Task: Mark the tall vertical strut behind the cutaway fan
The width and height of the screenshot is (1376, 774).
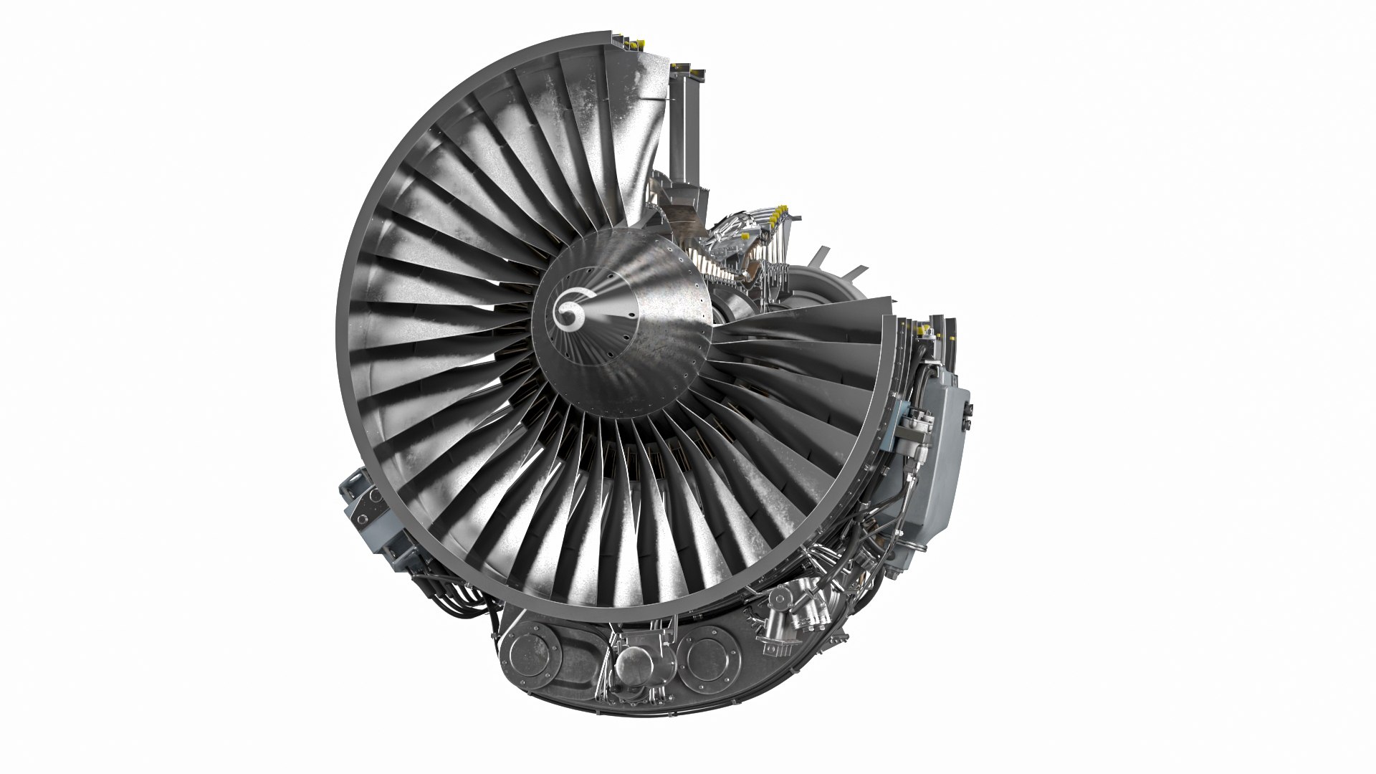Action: tap(685, 129)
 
